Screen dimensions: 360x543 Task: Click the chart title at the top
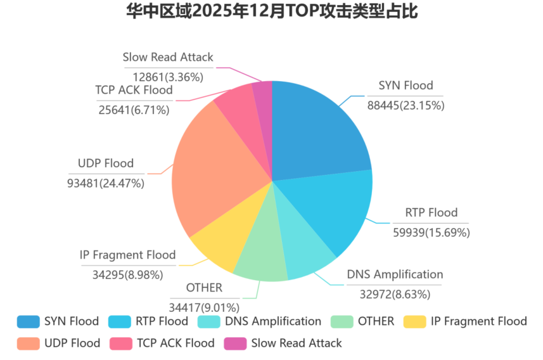point(272,11)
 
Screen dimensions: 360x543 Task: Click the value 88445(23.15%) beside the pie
point(406,105)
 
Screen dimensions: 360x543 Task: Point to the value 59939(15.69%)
point(431,233)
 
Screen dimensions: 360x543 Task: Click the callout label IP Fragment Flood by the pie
point(127,255)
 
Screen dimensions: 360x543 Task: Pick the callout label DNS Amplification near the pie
point(395,274)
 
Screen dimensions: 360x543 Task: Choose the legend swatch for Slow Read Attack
point(234,343)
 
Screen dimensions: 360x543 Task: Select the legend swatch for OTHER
point(341,321)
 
